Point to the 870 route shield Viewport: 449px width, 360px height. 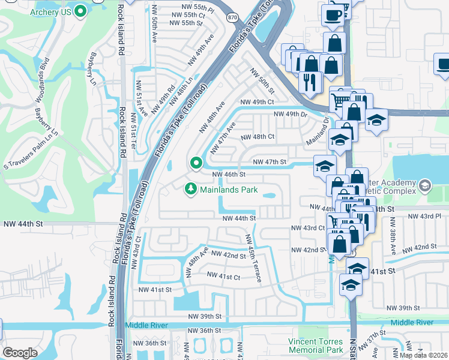pyautogui.click(x=232, y=18)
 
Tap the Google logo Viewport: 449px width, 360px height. pyautogui.click(x=20, y=353)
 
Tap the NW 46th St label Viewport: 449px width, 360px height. pyautogui.click(x=229, y=174)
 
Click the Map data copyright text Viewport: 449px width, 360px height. pyautogui.click(x=423, y=355)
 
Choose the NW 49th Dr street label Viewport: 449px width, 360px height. pyautogui.click(x=290, y=114)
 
